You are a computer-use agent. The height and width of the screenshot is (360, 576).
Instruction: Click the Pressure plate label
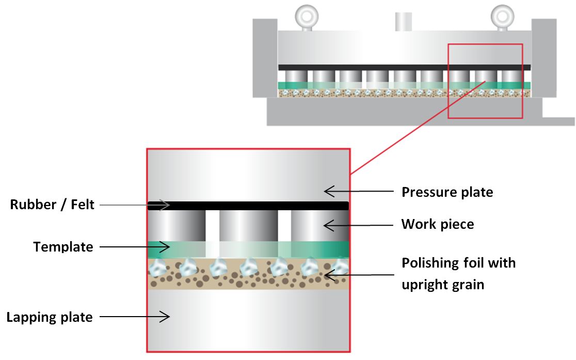447,192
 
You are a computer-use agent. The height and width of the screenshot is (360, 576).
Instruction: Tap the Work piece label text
437,224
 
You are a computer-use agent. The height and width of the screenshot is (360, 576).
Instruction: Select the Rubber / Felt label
52,205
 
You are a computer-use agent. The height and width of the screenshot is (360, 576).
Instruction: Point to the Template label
63,247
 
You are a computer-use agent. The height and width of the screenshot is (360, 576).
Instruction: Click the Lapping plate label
50,317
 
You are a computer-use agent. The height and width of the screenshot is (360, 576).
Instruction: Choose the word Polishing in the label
428,262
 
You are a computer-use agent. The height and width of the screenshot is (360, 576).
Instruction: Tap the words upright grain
443,284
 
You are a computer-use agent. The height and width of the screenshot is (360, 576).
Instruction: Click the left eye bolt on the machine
304,18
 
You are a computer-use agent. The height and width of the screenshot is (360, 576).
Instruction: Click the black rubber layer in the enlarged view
248,206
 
